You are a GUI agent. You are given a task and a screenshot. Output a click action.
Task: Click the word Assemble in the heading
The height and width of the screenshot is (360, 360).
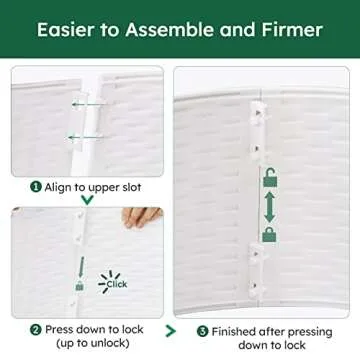[170, 30]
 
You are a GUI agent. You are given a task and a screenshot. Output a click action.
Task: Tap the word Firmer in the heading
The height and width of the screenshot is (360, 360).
[292, 30]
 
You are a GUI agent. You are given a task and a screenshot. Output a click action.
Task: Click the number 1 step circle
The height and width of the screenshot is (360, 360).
[36, 187]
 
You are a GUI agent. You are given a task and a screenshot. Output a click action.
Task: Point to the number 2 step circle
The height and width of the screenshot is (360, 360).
[35, 330]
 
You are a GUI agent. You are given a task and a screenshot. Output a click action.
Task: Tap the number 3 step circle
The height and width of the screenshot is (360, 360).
[202, 332]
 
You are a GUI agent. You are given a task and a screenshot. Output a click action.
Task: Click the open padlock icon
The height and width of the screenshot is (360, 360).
[270, 177]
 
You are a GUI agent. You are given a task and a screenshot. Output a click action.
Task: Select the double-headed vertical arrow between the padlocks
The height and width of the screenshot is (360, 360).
[269, 208]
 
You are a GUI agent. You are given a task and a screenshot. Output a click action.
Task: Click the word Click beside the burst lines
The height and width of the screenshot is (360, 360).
[117, 284]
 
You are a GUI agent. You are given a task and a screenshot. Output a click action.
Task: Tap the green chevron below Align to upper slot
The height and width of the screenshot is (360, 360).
[87, 200]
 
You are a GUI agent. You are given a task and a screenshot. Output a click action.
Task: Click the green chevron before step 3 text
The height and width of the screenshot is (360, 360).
[170, 331]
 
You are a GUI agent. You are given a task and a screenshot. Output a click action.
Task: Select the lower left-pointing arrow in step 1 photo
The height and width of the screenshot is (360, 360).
[84, 137]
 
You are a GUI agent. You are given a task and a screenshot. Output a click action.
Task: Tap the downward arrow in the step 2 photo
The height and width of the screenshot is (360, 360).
[81, 266]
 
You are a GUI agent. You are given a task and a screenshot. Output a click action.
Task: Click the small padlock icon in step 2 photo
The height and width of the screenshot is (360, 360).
[79, 286]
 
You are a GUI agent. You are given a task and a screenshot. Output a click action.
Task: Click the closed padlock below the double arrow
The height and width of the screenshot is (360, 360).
[269, 235]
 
